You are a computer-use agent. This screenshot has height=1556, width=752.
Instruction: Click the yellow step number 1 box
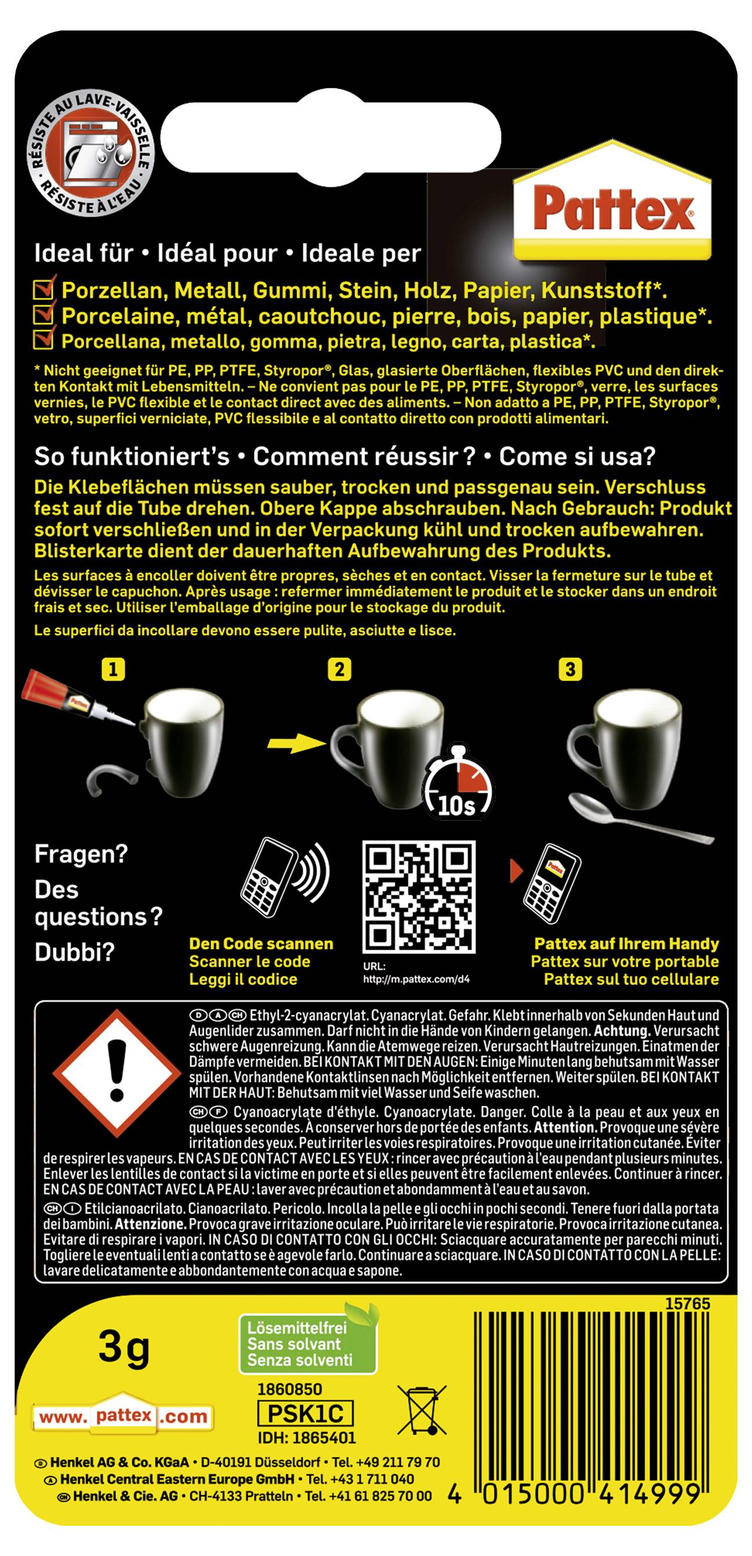click(x=113, y=670)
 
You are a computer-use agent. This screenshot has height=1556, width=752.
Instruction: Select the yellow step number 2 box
click(x=339, y=670)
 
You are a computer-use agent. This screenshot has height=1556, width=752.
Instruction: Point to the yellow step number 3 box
click(x=570, y=670)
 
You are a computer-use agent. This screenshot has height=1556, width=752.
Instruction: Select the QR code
click(x=418, y=896)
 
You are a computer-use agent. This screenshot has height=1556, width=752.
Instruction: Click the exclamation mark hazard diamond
click(x=117, y=1072)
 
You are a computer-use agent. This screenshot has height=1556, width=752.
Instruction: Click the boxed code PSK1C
click(x=305, y=1413)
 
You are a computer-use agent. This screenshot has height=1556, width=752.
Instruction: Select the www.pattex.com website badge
click(x=123, y=1416)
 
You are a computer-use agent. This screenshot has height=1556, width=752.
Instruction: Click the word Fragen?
click(x=81, y=854)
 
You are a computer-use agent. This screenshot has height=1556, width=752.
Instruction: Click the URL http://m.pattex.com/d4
click(x=415, y=979)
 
